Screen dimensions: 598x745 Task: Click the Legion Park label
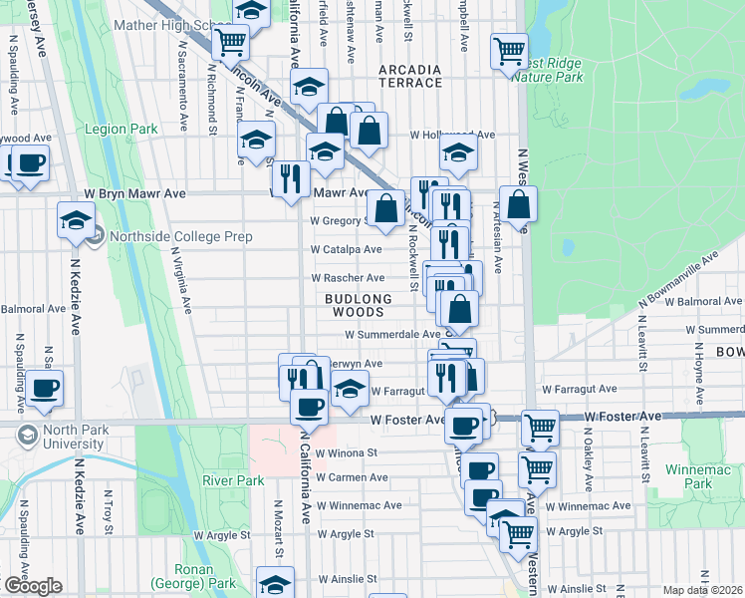pos(122,130)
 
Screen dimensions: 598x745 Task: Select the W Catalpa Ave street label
pos(346,249)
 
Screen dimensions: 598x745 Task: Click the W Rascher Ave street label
pos(348,278)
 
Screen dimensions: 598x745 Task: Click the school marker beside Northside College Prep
pos(76,221)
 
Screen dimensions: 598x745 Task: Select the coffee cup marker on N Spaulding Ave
pos(45,388)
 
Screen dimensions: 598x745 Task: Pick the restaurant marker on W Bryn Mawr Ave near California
pos(291,179)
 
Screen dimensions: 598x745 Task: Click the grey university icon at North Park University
pos(27,436)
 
